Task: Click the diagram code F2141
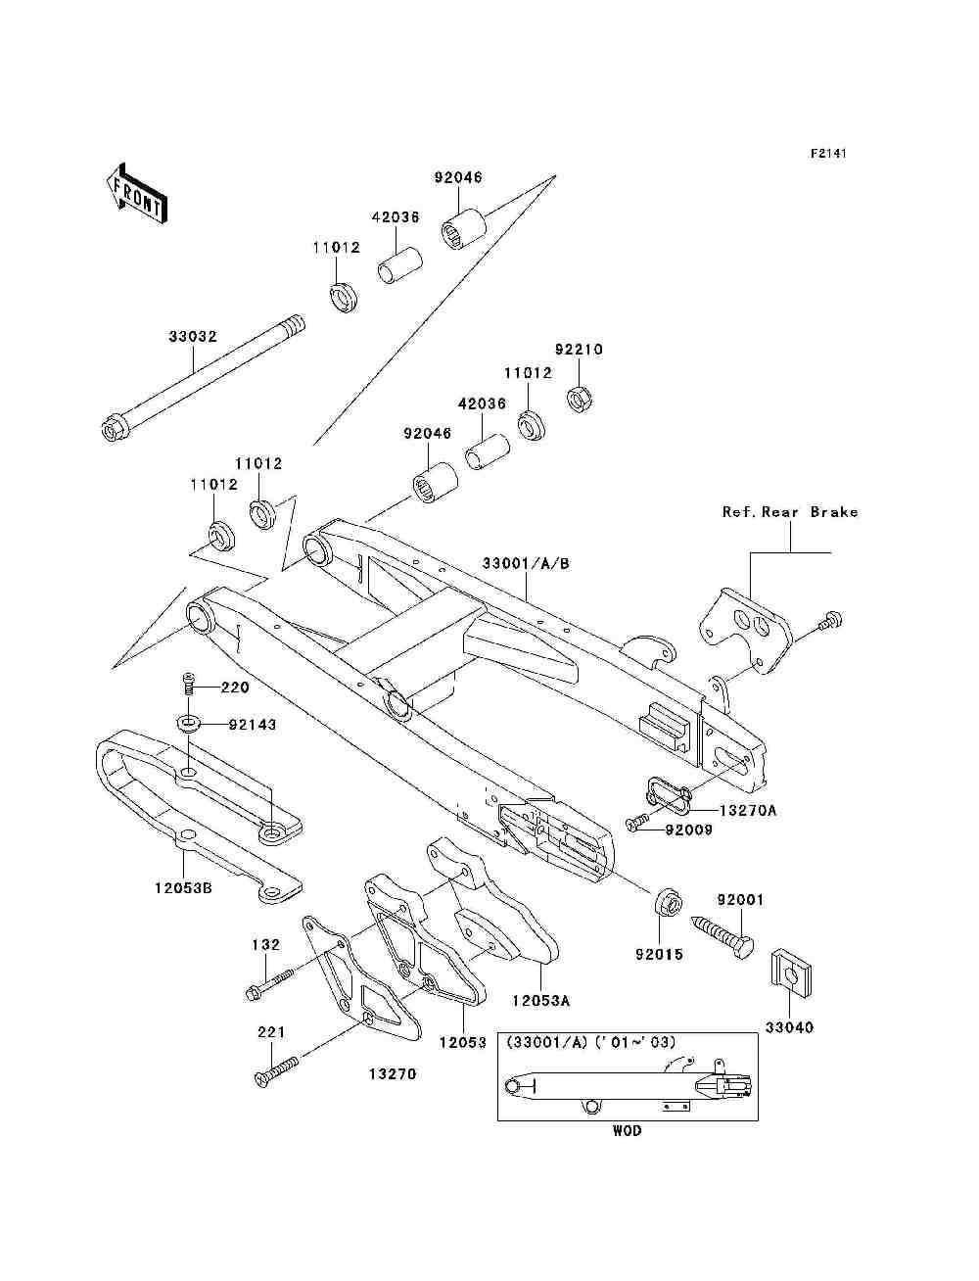point(828,154)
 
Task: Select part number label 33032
point(193,336)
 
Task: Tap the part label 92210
point(579,350)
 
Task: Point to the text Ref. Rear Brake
point(791,512)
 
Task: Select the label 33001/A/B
point(527,563)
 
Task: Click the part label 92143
point(253,725)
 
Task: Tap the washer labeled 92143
point(188,725)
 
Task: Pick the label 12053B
point(184,904)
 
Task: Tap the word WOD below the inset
point(628,1130)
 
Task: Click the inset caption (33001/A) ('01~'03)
point(591,1042)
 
